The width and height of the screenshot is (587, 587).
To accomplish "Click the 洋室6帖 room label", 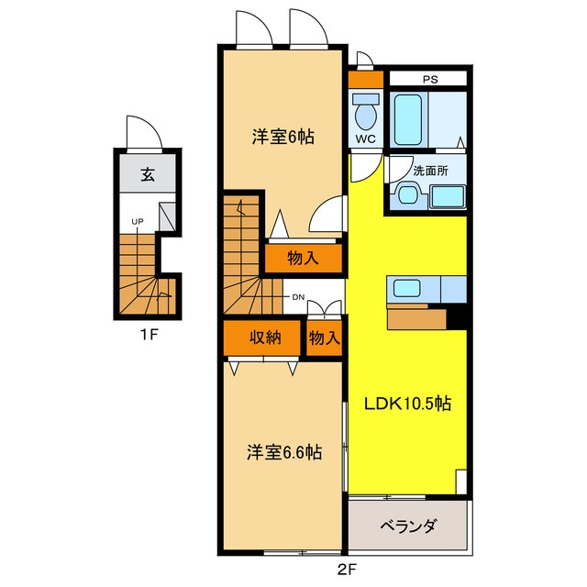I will (x=283, y=137).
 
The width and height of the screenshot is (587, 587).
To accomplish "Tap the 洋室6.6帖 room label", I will (x=283, y=452).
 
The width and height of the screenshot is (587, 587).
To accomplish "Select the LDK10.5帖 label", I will (x=409, y=404).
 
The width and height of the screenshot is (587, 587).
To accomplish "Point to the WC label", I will (x=365, y=139).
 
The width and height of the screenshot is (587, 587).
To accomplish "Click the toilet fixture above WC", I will (x=365, y=115).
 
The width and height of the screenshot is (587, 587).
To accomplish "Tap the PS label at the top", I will (x=430, y=79).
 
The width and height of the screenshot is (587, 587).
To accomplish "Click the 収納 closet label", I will (x=265, y=338).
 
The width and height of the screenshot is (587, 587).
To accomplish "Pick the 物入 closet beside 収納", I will (x=324, y=338).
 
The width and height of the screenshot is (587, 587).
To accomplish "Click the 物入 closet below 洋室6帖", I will (x=303, y=258).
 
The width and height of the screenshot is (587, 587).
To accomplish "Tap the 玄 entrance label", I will (x=147, y=177).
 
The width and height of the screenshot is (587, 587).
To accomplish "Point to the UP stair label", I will (x=137, y=222).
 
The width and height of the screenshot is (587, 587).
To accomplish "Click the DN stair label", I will (x=299, y=297).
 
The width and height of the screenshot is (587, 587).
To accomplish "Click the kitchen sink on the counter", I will (x=407, y=288).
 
